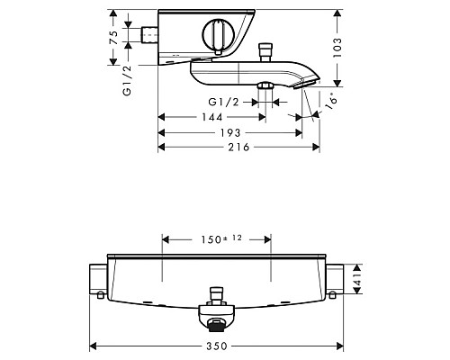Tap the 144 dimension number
click(213, 117)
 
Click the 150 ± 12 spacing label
click(216, 239)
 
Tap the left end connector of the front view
click(96, 281)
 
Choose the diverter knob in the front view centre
click(215, 295)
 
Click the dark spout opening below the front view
click(215, 322)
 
